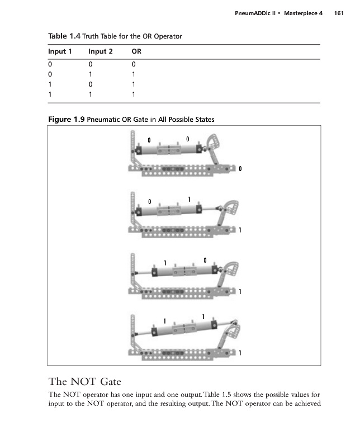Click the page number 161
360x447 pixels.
[339, 13]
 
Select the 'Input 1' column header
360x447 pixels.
[60, 51]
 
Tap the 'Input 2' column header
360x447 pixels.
[101, 51]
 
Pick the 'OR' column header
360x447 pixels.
[136, 51]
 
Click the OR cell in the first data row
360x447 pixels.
[134, 64]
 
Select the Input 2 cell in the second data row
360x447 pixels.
[91, 74]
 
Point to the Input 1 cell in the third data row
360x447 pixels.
[50, 84]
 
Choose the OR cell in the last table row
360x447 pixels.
[133, 94]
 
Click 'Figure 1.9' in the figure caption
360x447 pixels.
[66, 119]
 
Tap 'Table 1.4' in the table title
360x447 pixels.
[64, 36]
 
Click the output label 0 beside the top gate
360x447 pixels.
[240, 169]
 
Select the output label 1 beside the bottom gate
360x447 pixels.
[240, 353]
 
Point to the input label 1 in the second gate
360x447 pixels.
[189, 199]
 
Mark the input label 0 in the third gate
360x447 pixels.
[205, 260]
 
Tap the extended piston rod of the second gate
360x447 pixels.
[209, 209]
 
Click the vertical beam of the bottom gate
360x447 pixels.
[132, 331]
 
